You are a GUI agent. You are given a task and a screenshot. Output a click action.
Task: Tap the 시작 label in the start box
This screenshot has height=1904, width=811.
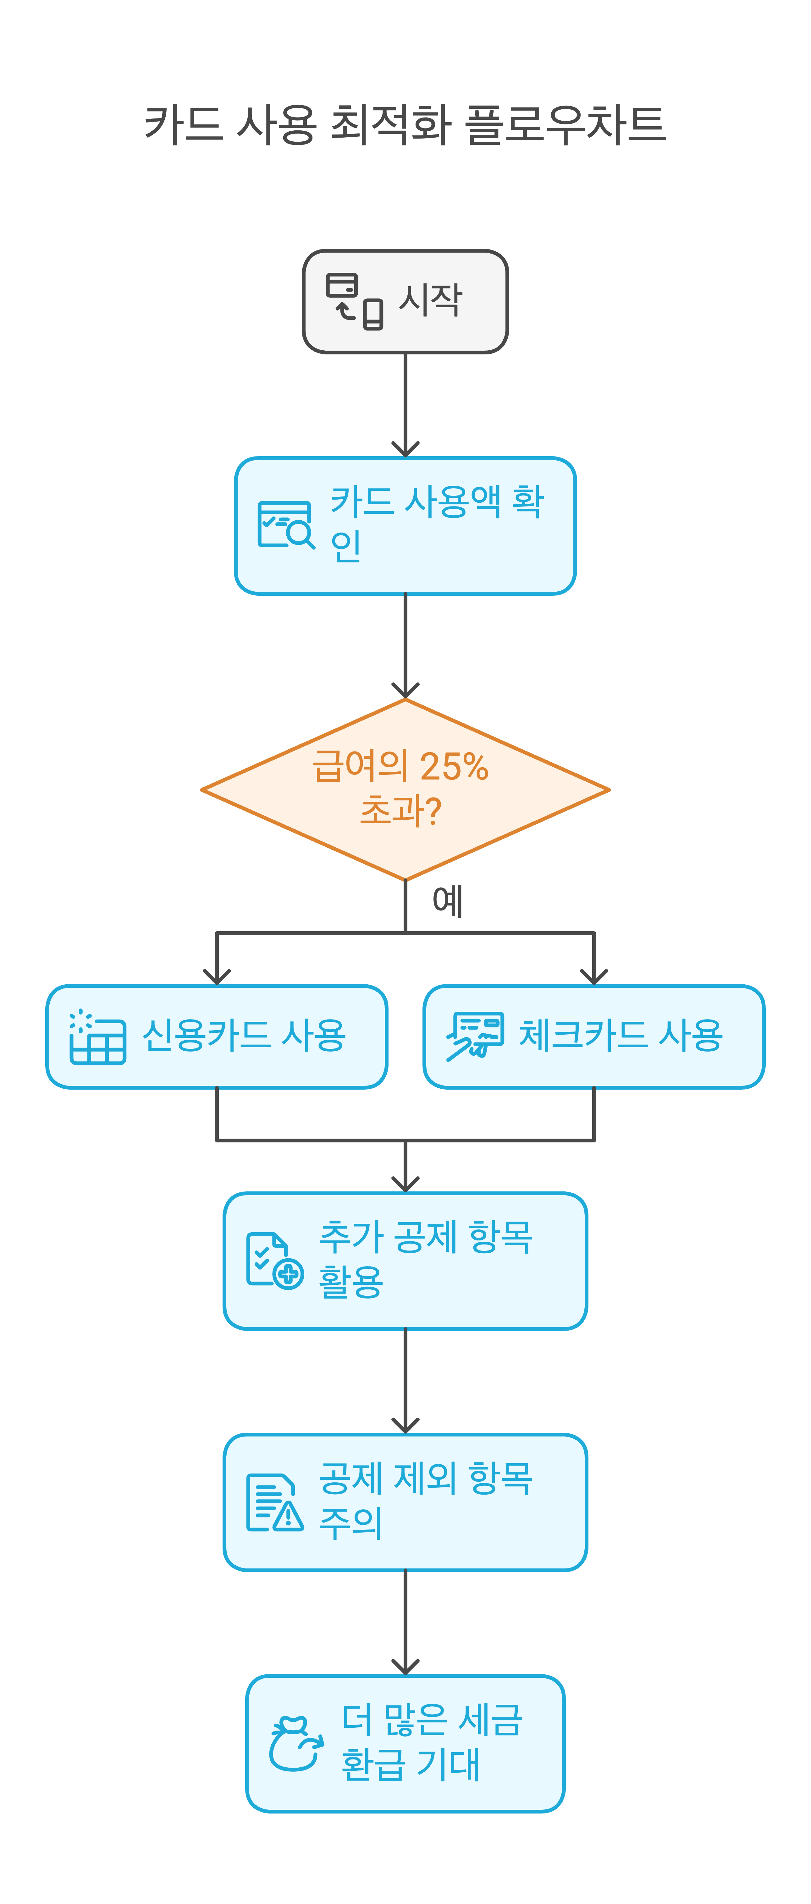point(430,300)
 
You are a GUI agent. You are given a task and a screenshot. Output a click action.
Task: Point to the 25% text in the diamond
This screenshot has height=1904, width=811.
point(453,767)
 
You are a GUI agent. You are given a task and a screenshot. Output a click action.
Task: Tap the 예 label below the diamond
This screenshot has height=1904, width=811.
point(447,901)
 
